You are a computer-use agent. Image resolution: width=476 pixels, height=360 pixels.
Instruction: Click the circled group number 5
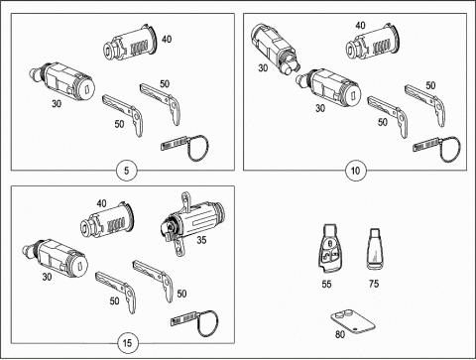click(127, 171)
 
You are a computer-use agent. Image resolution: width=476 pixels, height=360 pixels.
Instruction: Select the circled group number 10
click(355, 171)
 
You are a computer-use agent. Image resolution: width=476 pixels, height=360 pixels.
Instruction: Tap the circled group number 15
click(127, 343)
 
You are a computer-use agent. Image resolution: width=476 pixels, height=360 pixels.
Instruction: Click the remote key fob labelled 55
click(328, 248)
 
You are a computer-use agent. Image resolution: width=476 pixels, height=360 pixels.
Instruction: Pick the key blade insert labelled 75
click(375, 249)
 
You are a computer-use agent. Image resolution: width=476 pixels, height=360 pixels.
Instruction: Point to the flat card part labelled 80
click(353, 322)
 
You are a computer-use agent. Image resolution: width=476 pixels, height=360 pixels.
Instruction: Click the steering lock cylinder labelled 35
click(191, 222)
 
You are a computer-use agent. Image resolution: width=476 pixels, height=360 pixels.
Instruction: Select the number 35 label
click(201, 240)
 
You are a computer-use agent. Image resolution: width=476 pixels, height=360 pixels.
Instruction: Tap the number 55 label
click(326, 284)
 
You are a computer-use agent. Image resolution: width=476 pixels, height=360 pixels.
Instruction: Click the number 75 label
click(374, 284)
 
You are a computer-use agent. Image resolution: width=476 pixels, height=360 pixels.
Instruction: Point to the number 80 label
click(340, 334)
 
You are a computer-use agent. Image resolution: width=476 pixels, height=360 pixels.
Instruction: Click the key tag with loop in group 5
click(185, 147)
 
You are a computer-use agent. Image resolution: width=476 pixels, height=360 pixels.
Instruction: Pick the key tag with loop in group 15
click(195, 322)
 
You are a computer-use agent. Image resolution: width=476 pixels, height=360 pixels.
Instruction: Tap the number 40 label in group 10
click(360, 25)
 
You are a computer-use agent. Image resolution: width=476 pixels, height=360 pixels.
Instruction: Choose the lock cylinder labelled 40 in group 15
click(108, 221)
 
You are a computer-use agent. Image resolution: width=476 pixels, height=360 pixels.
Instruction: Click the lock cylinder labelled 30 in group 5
click(62, 79)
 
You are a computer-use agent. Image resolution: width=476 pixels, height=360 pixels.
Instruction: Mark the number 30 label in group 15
click(47, 277)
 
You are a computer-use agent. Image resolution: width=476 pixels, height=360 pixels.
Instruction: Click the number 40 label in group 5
click(167, 39)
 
